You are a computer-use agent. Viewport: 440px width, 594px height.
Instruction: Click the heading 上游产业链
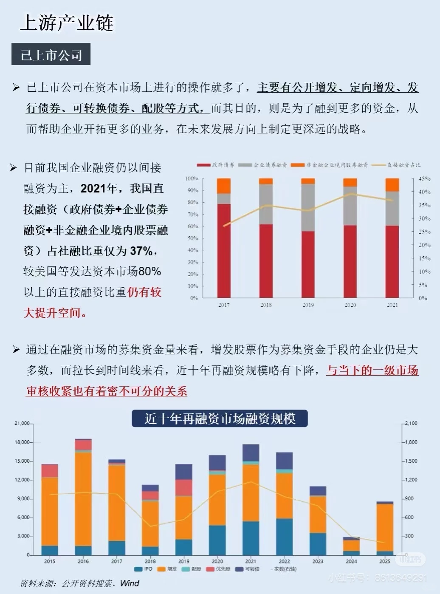pos(67,23)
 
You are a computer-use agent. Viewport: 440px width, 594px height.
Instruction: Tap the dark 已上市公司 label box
pos(51,54)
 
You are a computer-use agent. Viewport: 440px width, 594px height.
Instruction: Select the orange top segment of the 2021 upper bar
pos(392,185)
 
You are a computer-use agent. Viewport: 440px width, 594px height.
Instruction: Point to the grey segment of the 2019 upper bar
pos(308,208)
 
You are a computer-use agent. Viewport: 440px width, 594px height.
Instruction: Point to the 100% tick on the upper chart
pos(192,178)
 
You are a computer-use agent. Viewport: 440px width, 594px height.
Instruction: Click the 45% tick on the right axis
pos(423,179)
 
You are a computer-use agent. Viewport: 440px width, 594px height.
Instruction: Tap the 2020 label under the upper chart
pos(350,305)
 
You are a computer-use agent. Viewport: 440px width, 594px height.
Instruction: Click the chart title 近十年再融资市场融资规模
pos(220,419)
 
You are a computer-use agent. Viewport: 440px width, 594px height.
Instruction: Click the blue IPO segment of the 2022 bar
pos(284,536)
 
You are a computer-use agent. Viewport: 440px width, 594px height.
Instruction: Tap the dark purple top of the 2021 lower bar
pos(251,453)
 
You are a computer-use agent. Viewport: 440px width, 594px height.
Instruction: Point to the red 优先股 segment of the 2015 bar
pos(50,471)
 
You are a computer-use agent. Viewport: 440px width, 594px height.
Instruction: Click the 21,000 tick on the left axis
pos(22,424)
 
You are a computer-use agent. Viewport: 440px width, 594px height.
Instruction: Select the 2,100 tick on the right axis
pos(411,424)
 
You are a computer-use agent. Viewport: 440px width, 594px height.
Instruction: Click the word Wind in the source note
pos(130,583)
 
